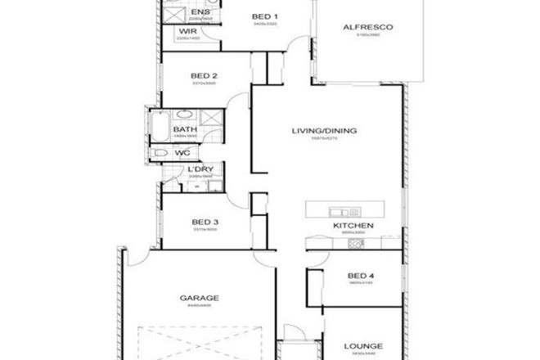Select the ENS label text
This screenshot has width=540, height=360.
199,13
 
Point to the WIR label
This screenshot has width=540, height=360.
187,33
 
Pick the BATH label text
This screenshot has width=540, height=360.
184,129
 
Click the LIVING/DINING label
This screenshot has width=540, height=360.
326,131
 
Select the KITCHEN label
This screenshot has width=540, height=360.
353,225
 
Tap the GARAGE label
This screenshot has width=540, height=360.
196,299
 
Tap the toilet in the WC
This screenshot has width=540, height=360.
160,152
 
